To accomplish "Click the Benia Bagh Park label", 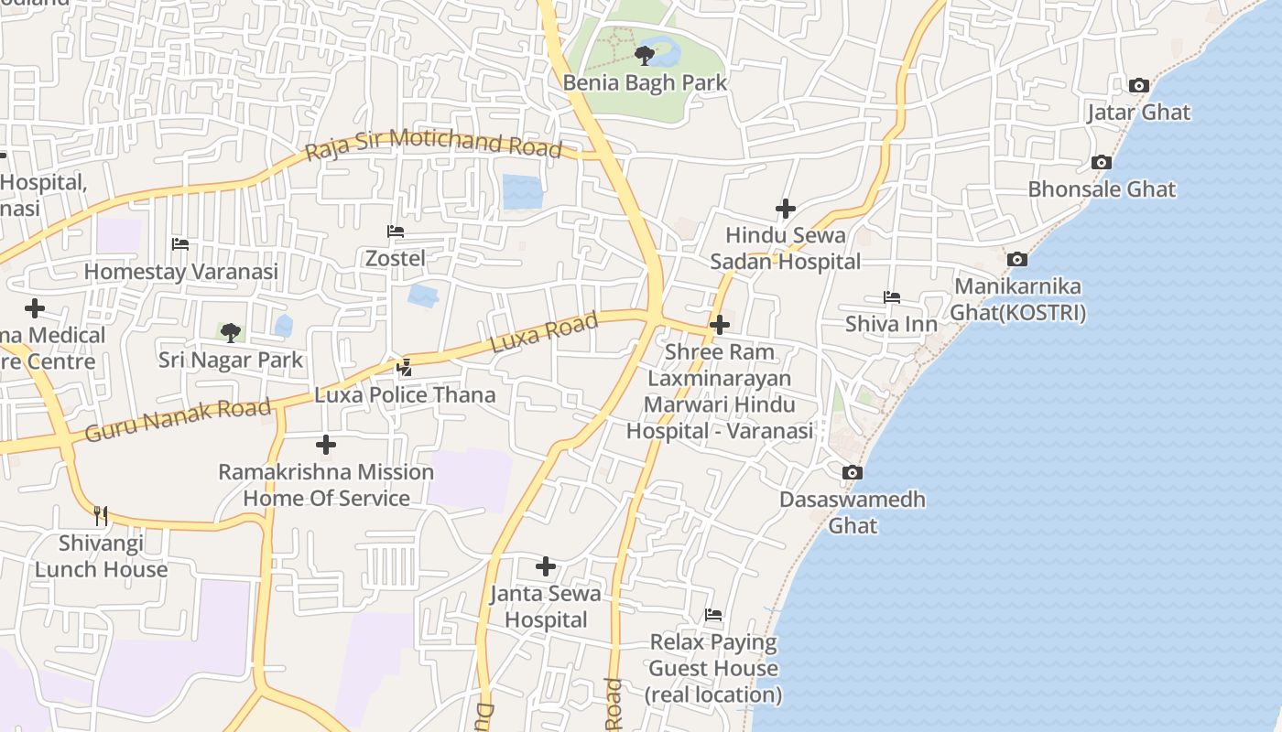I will [x=645, y=82].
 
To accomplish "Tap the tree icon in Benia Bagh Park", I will [x=645, y=56].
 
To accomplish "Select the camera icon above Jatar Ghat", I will [x=1138, y=86].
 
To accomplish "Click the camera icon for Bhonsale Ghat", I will [x=1102, y=163].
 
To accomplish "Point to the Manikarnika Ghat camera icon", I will [x=1016, y=260].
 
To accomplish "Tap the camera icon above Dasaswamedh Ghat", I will [x=853, y=473].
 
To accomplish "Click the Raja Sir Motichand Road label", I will [x=433, y=145].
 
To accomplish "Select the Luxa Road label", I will [x=544, y=332].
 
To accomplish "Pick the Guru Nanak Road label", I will [x=179, y=420].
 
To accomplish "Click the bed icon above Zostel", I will [x=396, y=231].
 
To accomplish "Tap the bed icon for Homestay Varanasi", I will [x=180, y=244].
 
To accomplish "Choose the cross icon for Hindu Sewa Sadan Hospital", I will [x=786, y=209].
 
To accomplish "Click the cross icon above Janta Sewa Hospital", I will [x=546, y=566].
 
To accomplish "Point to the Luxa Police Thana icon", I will [x=404, y=368].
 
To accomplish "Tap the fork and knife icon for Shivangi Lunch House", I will [x=101, y=516].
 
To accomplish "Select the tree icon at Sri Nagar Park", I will [x=230, y=332].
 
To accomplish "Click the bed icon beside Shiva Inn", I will [x=891, y=297].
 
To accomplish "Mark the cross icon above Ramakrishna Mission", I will [x=325, y=446].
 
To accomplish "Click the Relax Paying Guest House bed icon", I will [x=713, y=615].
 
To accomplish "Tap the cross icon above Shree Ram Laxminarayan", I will [x=720, y=325].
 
